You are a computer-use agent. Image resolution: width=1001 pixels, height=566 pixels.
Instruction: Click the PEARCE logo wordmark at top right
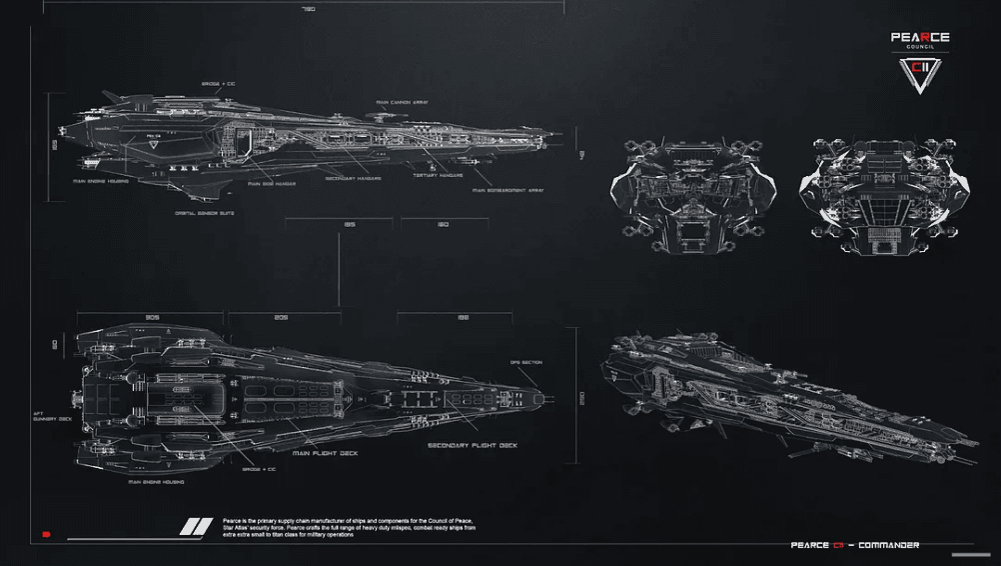pyautogui.click(x=920, y=37)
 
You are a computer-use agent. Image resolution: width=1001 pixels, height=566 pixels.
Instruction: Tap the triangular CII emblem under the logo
pyautogui.click(x=920, y=75)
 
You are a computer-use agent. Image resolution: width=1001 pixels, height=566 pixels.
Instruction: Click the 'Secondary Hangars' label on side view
pyautogui.click(x=355, y=179)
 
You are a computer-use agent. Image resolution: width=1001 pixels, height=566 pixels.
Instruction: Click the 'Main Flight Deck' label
pyautogui.click(x=326, y=452)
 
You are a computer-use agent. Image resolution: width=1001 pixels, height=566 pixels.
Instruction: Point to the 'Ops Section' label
pyautogui.click(x=525, y=362)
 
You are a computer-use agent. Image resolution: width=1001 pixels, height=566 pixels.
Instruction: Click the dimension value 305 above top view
pyautogui.click(x=153, y=317)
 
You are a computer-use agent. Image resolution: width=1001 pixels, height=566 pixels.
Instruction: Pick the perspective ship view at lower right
pyautogui.click(x=779, y=395)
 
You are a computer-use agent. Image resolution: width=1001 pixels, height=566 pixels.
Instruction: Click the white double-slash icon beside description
pyautogui.click(x=196, y=527)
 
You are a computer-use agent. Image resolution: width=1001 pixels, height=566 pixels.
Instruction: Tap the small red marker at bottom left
pyautogui.click(x=46, y=535)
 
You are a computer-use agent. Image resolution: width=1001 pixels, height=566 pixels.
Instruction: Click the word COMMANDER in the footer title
pyautogui.click(x=885, y=545)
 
